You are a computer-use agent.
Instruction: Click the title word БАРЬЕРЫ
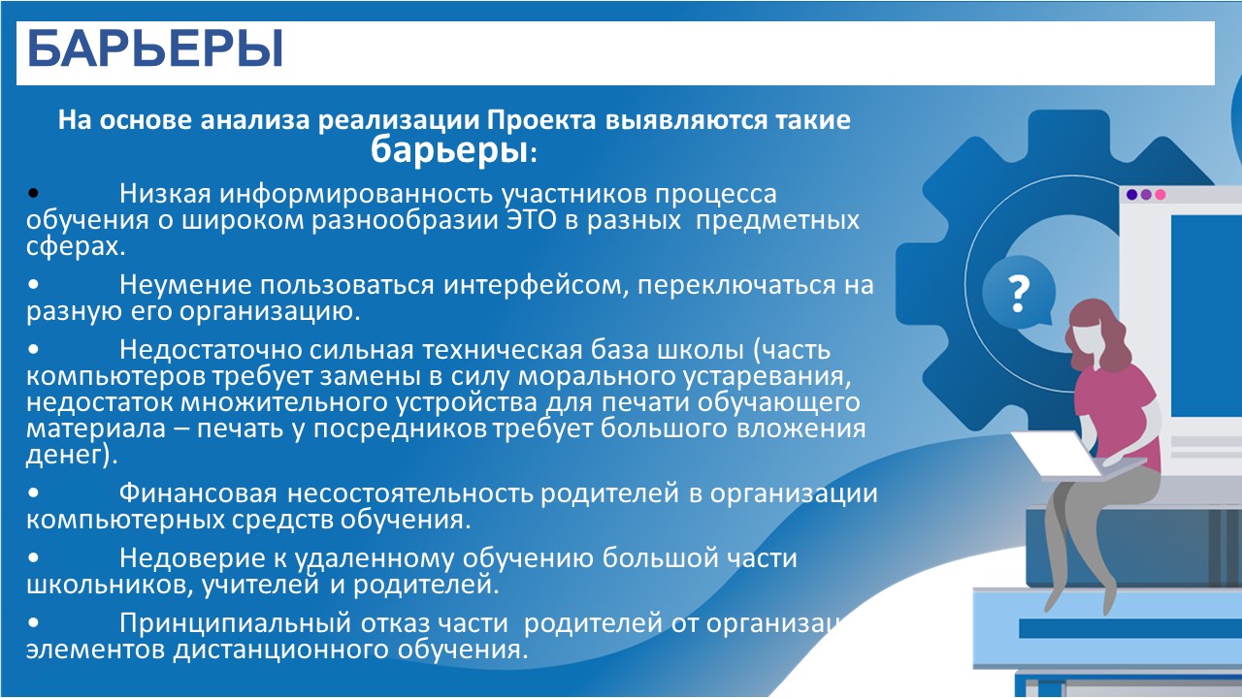coord(155,48)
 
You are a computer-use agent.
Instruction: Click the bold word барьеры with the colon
coord(454,149)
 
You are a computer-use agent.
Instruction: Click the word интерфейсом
coord(537,285)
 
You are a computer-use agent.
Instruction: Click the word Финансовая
coord(198,493)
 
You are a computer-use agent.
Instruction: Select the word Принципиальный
coord(235,623)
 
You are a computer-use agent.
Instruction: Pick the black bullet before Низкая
coord(33,193)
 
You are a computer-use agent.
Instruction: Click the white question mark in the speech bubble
coord(1019,293)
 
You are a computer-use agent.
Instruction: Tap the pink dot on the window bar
coord(1160,195)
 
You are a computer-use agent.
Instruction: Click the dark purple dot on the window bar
coord(1132,195)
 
